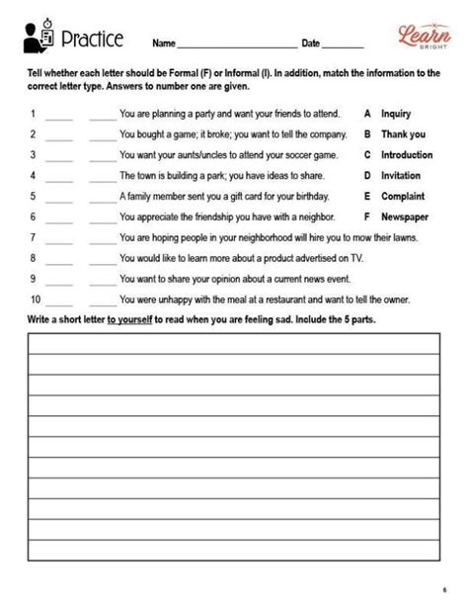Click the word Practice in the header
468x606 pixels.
pyautogui.click(x=92, y=40)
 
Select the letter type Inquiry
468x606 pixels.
pyautogui.click(x=395, y=114)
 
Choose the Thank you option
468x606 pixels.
pyautogui.click(x=403, y=134)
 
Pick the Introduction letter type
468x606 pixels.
pyautogui.click(x=406, y=155)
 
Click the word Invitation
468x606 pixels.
pyautogui.click(x=400, y=176)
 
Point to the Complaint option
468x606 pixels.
pyautogui.click(x=402, y=196)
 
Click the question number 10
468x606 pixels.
pyautogui.click(x=36, y=300)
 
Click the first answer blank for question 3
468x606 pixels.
pyautogui.click(x=59, y=156)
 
